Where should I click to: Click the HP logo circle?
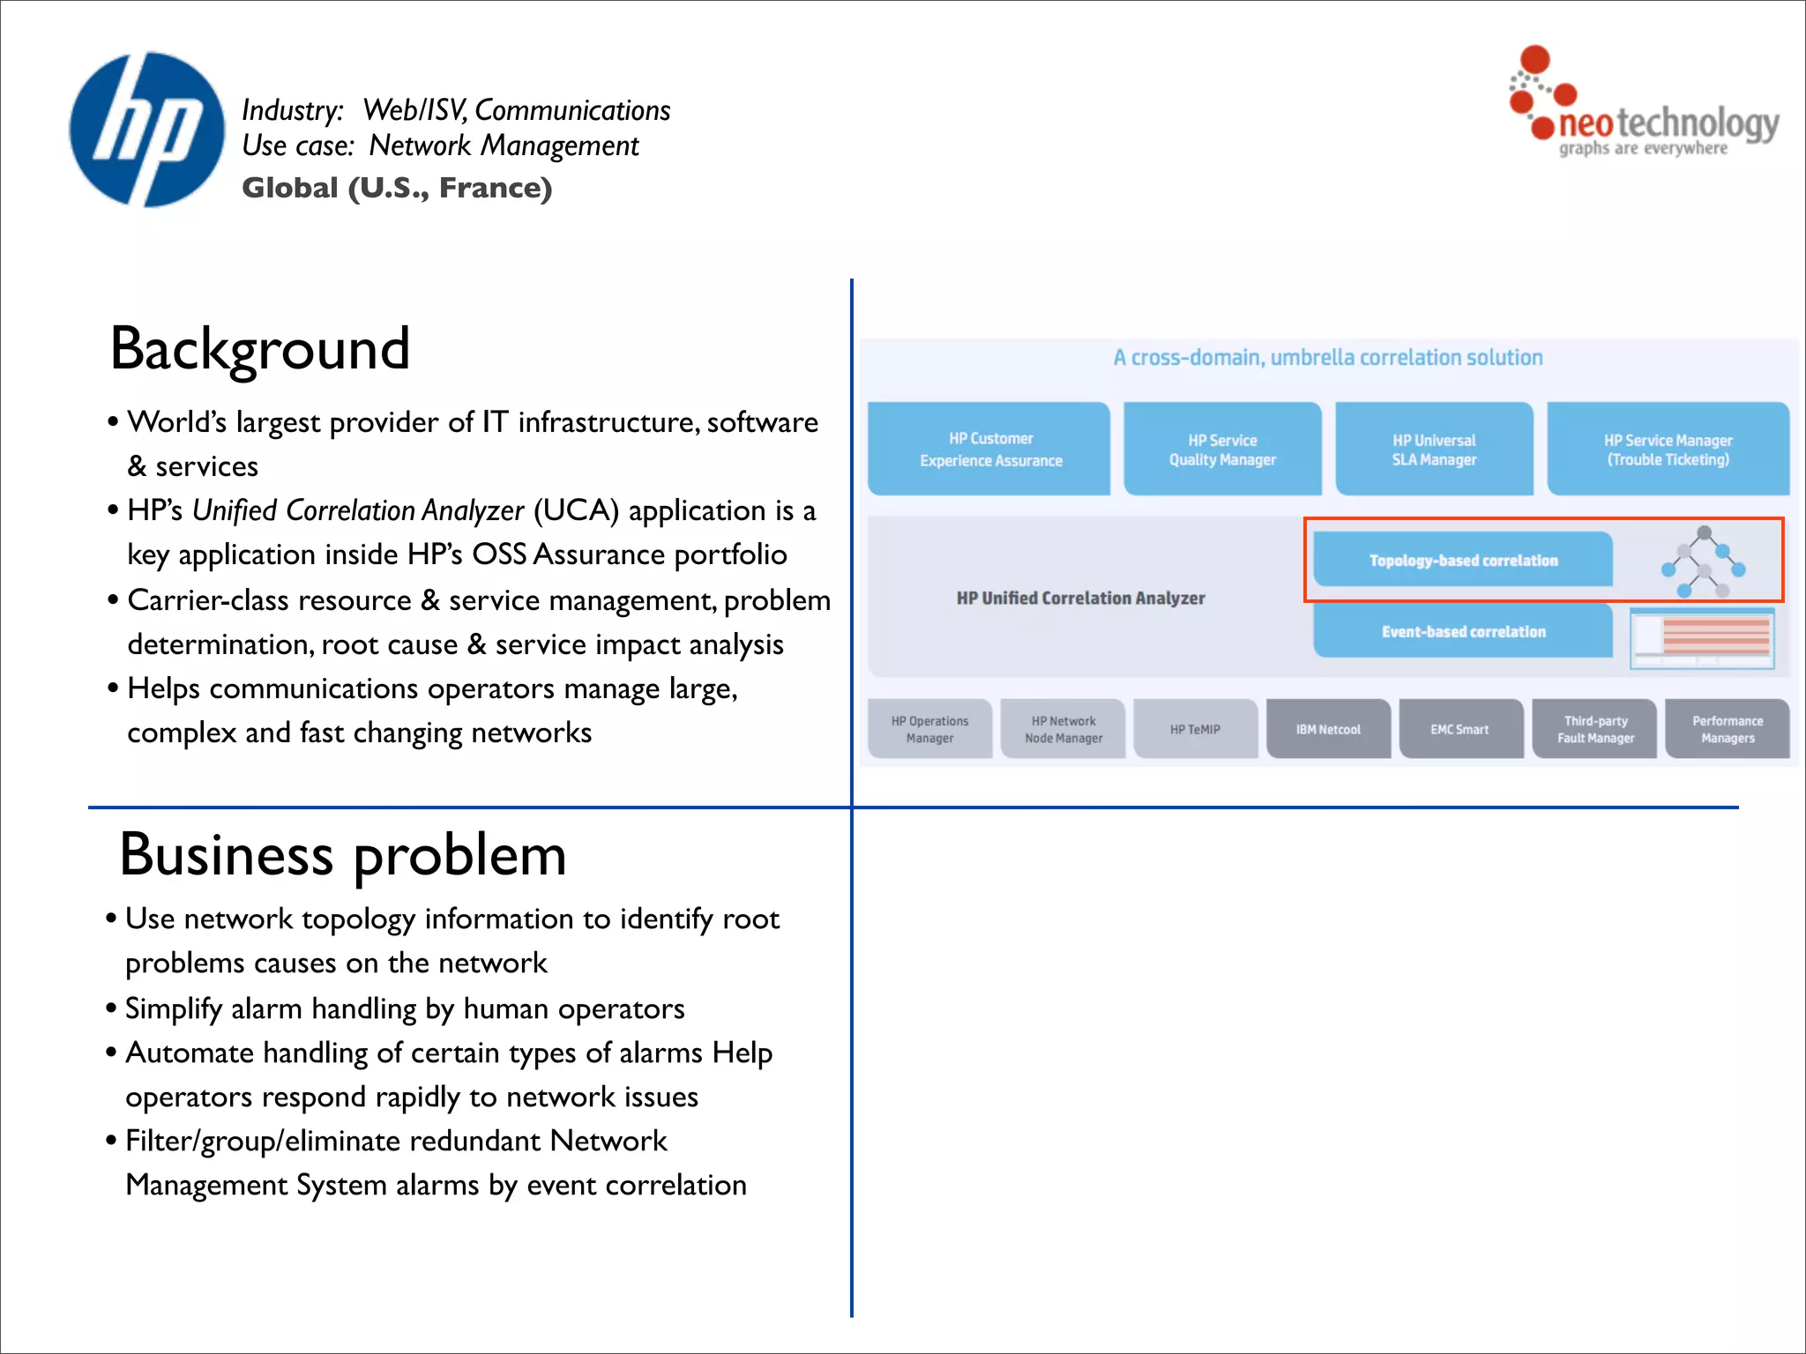click(x=146, y=130)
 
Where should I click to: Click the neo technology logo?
click(x=1642, y=106)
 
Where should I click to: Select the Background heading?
click(x=259, y=349)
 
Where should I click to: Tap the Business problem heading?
click(x=342, y=855)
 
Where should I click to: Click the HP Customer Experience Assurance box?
click(x=989, y=450)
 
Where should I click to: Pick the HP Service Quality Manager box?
click(x=1222, y=450)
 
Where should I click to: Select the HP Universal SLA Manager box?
click(x=1434, y=450)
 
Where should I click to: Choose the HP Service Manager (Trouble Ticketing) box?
click(x=1667, y=450)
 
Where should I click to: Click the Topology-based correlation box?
click(x=1462, y=561)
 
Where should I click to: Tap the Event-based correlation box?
click(x=1462, y=632)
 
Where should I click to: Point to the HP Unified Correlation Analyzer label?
click(x=1080, y=599)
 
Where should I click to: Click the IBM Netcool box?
click(x=1328, y=730)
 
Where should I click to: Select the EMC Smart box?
click(x=1460, y=730)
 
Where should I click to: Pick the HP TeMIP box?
click(x=1195, y=730)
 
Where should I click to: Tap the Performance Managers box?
click(x=1727, y=730)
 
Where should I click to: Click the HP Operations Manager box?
click(x=929, y=730)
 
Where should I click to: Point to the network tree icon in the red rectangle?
click(x=1702, y=562)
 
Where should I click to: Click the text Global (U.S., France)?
click(x=397, y=188)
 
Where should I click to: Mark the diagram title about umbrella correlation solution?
click(x=1327, y=358)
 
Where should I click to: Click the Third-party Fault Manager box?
click(x=1594, y=730)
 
